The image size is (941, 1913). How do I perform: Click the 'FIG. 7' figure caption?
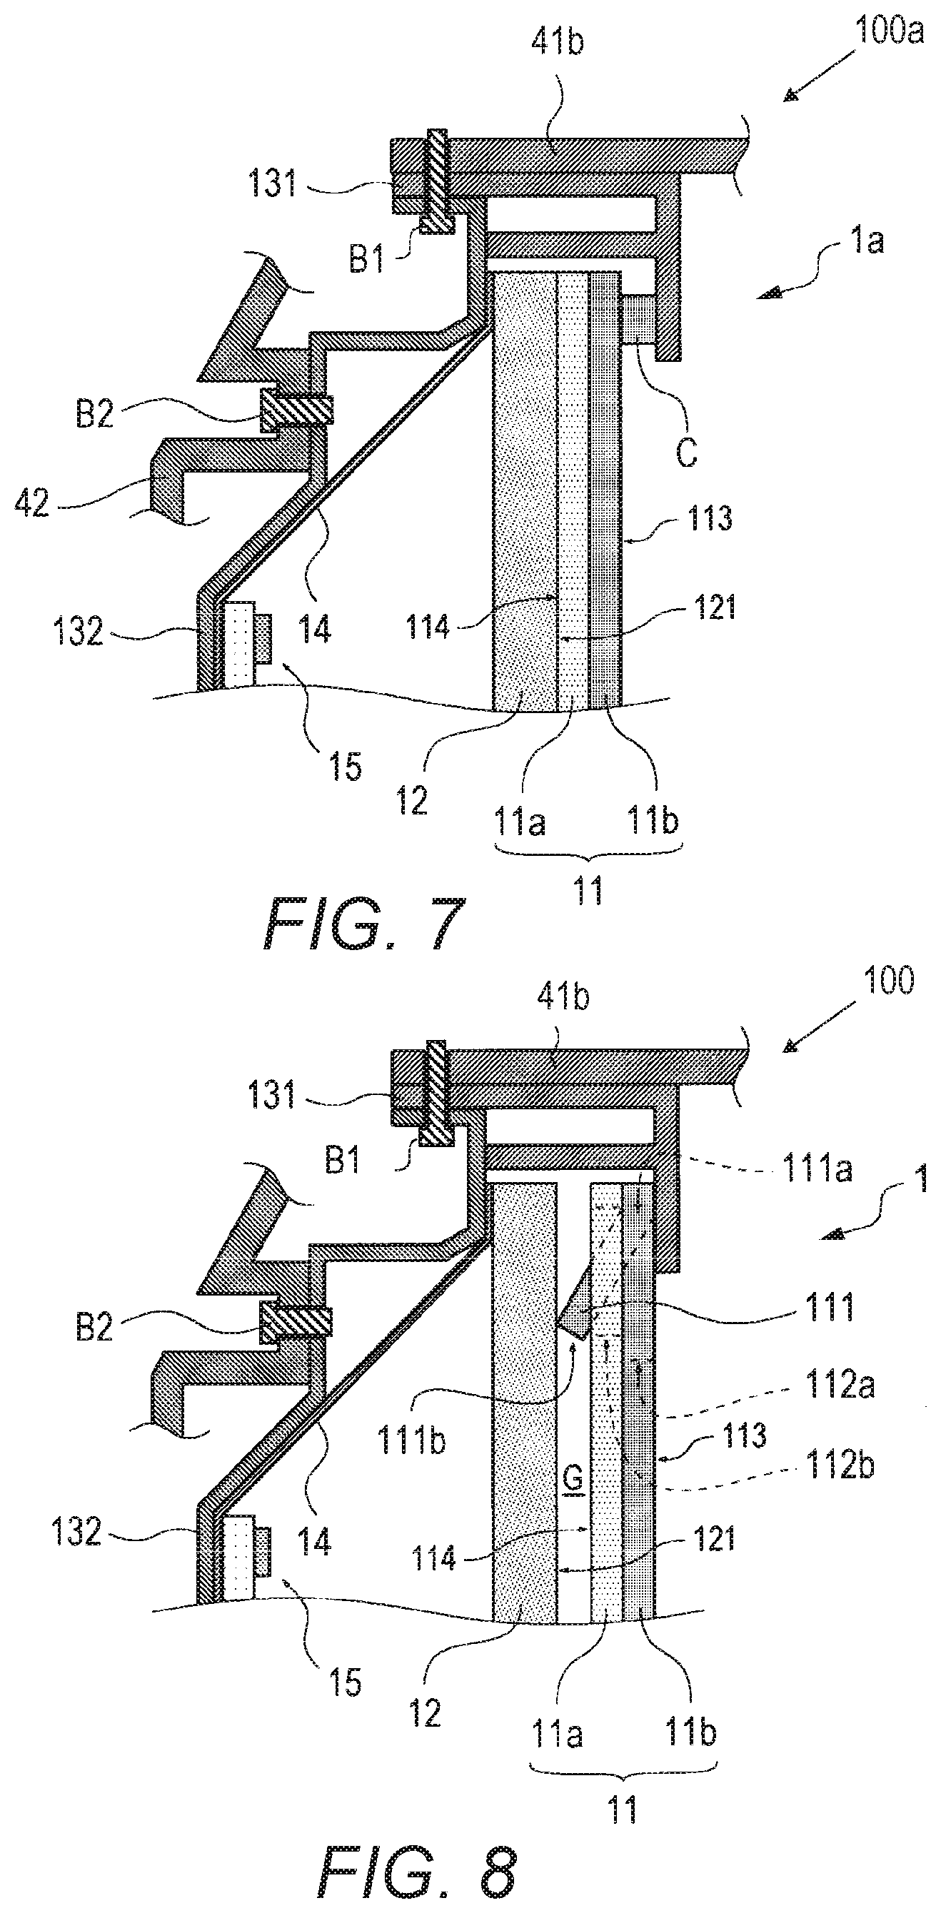[364, 923]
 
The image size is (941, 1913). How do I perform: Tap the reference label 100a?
[889, 32]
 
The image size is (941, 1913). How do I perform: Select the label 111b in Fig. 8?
[411, 1440]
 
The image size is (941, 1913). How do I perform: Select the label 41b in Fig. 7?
[557, 42]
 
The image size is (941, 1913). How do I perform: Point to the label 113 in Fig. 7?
[709, 518]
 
